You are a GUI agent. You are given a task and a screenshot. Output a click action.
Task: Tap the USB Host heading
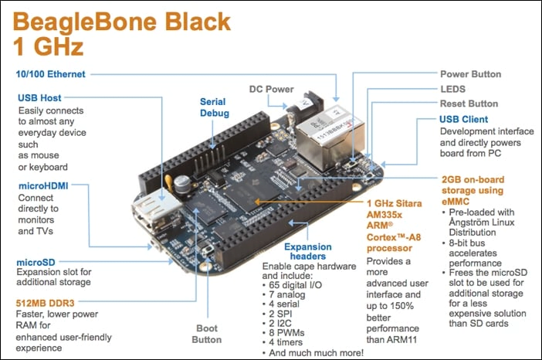click(x=39, y=98)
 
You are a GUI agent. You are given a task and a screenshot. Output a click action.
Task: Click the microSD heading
click(x=39, y=263)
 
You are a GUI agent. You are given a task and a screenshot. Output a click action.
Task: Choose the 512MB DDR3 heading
click(x=48, y=301)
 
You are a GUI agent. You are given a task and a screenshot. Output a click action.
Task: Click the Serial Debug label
click(x=214, y=107)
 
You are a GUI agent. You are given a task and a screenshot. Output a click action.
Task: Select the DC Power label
click(x=272, y=89)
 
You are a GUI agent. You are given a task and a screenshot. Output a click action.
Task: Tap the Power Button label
click(x=470, y=75)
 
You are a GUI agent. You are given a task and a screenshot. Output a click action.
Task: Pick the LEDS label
click(x=453, y=90)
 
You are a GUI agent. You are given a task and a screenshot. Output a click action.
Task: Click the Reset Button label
click(x=469, y=104)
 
